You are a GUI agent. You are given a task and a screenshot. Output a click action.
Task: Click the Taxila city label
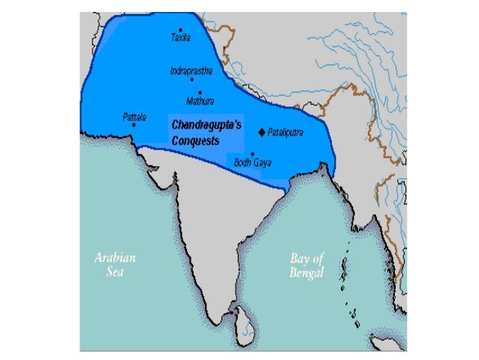click(x=181, y=38)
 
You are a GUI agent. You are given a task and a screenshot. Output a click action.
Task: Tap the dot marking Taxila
click(x=181, y=29)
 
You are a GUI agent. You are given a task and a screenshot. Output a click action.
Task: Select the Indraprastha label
click(x=191, y=71)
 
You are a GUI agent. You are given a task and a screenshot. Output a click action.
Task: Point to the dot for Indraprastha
click(x=192, y=79)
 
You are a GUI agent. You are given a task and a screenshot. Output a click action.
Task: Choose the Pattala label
click(x=134, y=116)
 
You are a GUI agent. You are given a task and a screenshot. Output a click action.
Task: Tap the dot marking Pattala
click(x=134, y=125)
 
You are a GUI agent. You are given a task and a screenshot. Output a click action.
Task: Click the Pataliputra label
click(x=288, y=132)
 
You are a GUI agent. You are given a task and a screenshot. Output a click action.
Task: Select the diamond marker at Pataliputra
click(x=261, y=132)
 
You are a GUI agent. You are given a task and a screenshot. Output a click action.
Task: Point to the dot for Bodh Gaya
click(x=252, y=153)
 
